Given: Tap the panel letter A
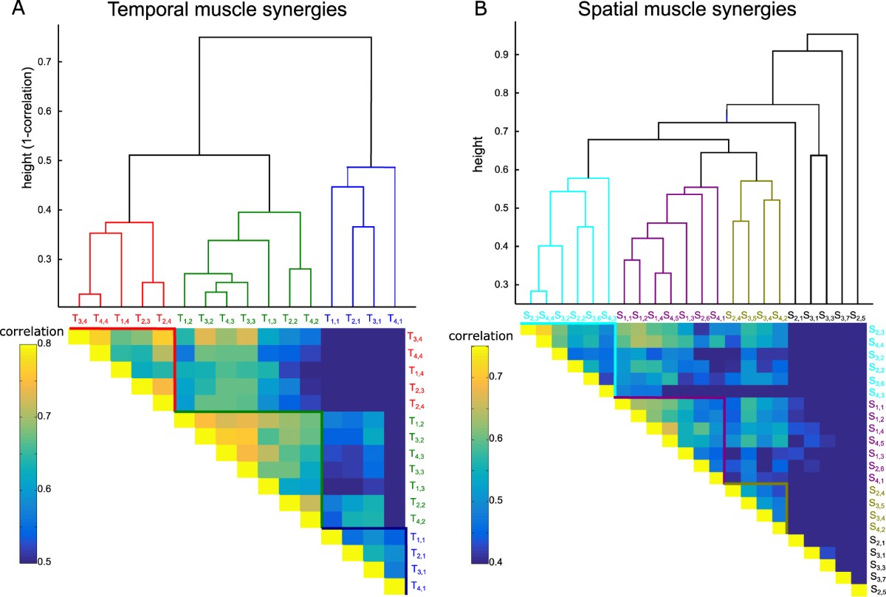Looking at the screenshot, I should coord(10,10).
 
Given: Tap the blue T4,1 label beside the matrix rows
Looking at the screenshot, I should coord(417,587).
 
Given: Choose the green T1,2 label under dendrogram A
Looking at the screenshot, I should coord(185,319).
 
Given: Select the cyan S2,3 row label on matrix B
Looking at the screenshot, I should coord(874,330).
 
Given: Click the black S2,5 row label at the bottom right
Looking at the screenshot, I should coord(874,589).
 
